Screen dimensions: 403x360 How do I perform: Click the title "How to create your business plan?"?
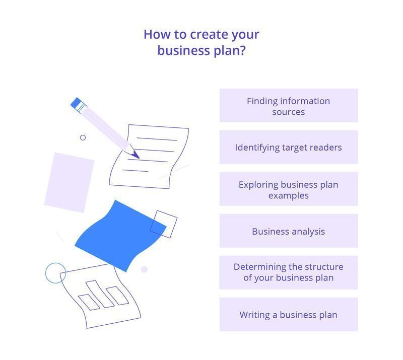pos(201,42)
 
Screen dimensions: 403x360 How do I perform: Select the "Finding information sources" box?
pos(289,105)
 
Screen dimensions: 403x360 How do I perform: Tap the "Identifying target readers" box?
pos(289,147)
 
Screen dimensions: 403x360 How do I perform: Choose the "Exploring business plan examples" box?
pos(289,189)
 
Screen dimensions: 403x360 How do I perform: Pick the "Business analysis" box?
pos(289,231)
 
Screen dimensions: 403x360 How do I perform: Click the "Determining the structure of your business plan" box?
pos(289,272)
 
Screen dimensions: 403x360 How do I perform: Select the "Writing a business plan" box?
pos(289,314)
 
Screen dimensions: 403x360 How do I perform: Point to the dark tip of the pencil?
pos(136,155)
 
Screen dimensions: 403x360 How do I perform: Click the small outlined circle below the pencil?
pos(83,138)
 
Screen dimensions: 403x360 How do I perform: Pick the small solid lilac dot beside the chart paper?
pos(144,269)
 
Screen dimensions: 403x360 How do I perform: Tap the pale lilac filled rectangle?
pos(69,182)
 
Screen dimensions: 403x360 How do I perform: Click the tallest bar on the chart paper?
pos(100,294)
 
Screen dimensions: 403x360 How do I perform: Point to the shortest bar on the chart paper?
pos(89,303)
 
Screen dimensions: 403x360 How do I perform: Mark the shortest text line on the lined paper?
pos(135,171)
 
